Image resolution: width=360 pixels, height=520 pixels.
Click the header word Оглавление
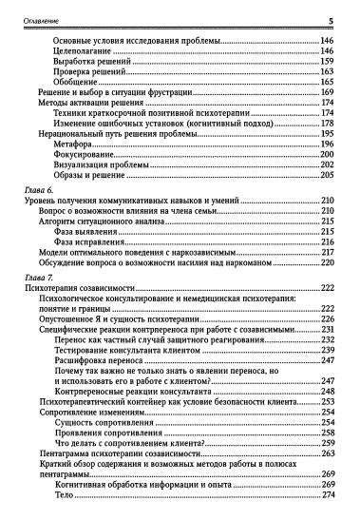tap(36, 18)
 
